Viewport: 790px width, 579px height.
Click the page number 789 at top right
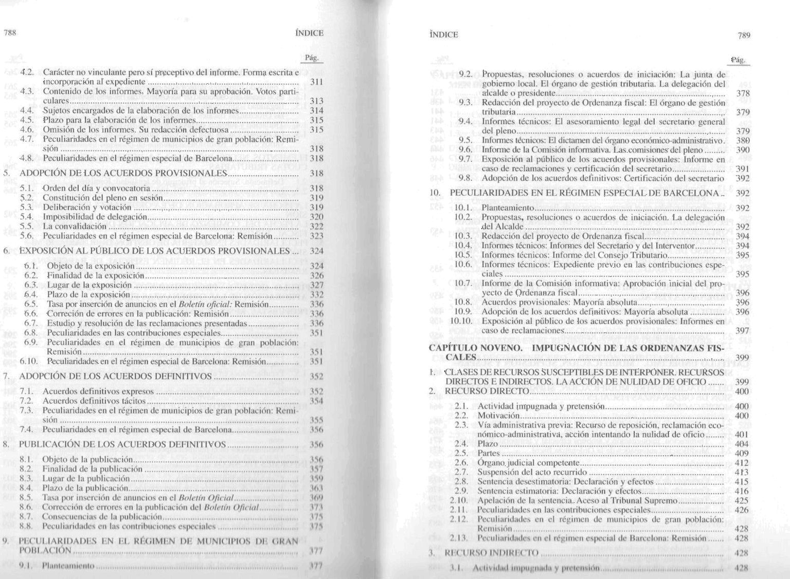(x=744, y=35)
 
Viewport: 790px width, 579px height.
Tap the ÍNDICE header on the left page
(x=309, y=33)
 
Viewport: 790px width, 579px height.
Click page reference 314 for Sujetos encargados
(x=317, y=110)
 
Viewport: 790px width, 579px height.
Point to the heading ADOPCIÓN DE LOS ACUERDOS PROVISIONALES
(x=123, y=174)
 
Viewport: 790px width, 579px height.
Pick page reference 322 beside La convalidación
(x=317, y=226)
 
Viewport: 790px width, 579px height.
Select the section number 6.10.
(x=28, y=362)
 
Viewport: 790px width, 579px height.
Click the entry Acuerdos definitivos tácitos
(x=94, y=401)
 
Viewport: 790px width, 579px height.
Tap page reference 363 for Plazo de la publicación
(x=317, y=488)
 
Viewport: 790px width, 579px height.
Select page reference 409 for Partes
(x=742, y=453)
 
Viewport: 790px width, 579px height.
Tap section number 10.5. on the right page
(x=463, y=255)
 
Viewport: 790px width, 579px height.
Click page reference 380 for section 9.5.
(x=743, y=140)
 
